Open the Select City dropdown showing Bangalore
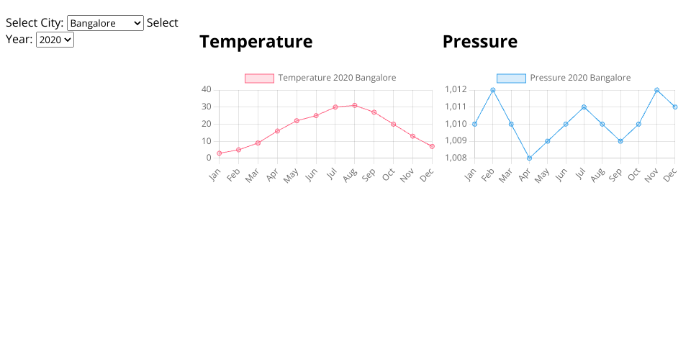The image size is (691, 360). pyautogui.click(x=105, y=23)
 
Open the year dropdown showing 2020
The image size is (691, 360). pyautogui.click(x=55, y=40)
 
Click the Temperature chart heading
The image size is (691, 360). pyautogui.click(x=256, y=42)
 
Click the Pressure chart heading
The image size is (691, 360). pyautogui.click(x=480, y=42)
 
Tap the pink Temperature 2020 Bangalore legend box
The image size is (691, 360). pyautogui.click(x=260, y=78)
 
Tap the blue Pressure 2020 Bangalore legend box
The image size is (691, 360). pyautogui.click(x=511, y=78)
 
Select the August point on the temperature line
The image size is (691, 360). pyautogui.click(x=355, y=105)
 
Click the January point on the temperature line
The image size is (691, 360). pyautogui.click(x=219, y=153)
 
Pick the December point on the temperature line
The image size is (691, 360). pyautogui.click(x=432, y=146)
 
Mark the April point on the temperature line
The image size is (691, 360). pyautogui.click(x=277, y=131)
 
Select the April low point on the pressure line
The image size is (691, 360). pyautogui.click(x=529, y=158)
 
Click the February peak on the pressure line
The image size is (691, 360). pyautogui.click(x=492, y=90)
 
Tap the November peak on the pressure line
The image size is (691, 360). pyautogui.click(x=656, y=90)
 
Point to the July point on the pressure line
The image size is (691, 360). pyautogui.click(x=584, y=107)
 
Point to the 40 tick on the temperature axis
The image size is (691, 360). pyautogui.click(x=207, y=89)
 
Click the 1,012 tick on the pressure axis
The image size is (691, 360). pyautogui.click(x=456, y=89)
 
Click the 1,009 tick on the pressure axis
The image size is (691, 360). pyautogui.click(x=456, y=140)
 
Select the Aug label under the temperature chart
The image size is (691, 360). pyautogui.click(x=350, y=176)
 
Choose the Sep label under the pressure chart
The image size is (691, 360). pyautogui.click(x=615, y=176)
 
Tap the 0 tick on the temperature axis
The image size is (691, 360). pyautogui.click(x=209, y=158)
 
